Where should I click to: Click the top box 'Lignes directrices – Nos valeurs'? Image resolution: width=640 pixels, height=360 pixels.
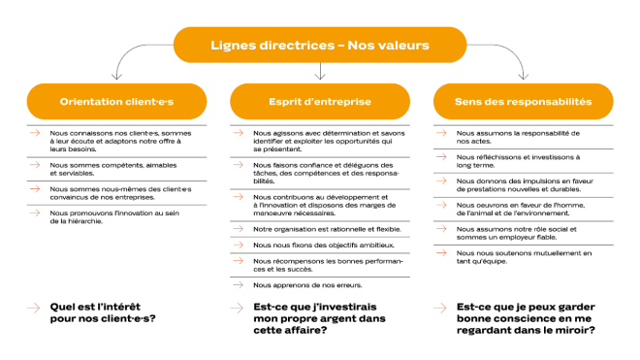coord(319,45)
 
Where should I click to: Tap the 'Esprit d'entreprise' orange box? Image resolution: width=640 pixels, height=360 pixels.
coord(319,101)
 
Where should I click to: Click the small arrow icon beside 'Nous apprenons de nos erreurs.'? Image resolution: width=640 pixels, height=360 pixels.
coord(238,284)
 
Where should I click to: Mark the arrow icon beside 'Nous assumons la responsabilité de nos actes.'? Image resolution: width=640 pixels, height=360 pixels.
coord(441,133)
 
